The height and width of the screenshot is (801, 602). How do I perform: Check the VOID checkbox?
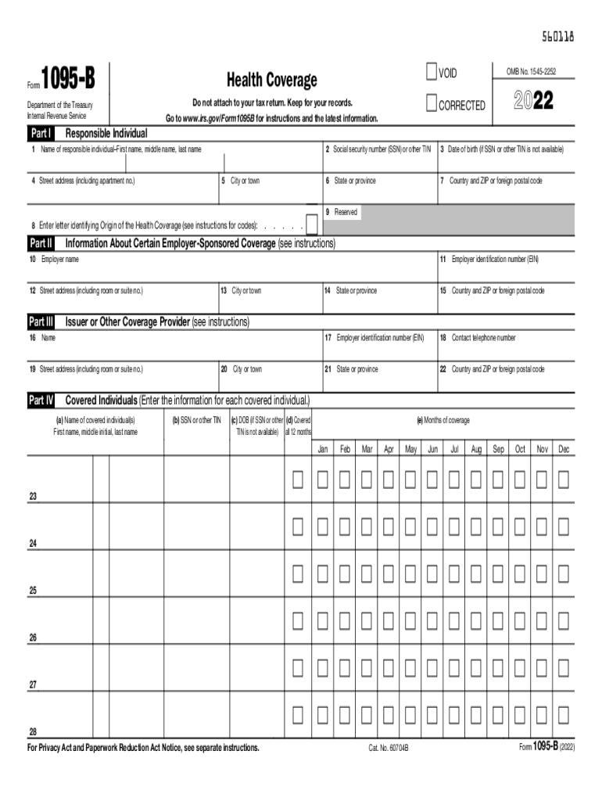pos(431,73)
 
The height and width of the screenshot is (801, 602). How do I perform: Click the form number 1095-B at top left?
pos(73,79)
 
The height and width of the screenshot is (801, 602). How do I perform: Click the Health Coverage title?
pos(271,80)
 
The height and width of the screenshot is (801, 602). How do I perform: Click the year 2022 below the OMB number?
pos(533,101)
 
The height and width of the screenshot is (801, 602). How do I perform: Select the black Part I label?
pos(41,132)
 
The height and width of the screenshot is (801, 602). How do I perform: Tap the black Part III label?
pos(41,321)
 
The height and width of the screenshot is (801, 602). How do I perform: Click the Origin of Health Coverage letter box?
pos(311,225)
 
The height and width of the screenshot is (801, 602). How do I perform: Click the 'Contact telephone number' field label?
pos(483,338)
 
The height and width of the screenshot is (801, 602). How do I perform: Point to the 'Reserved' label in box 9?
pos(346,212)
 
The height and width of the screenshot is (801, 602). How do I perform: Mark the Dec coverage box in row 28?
pos(564,714)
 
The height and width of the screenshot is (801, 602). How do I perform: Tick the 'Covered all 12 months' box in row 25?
pos(298,573)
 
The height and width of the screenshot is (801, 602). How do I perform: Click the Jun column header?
pos(432,450)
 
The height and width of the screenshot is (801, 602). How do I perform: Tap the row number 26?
pos(33,638)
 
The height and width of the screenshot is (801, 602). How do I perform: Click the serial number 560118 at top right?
pos(558,35)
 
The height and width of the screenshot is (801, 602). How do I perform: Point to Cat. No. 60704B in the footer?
pos(389,749)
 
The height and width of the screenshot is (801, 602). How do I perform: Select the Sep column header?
pos(498,450)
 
